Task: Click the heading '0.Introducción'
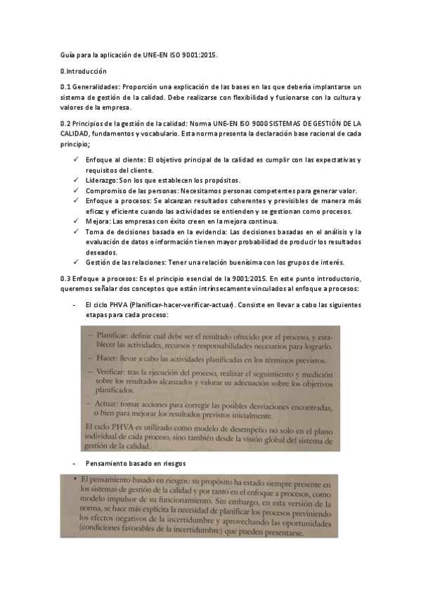point(83,71)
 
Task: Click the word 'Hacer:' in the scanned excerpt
point(110,358)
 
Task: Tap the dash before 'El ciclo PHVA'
point(75,306)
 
